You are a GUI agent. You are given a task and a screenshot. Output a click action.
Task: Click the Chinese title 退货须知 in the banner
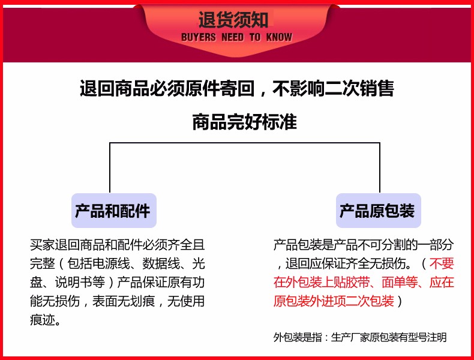coord(233,20)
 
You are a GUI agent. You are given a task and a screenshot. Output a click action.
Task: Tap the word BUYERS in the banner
coord(199,37)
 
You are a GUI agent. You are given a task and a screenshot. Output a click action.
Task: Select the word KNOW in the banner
coord(279,37)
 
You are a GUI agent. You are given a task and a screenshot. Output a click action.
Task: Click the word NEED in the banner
coord(232,37)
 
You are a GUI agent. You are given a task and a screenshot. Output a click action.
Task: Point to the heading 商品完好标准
coord(245,122)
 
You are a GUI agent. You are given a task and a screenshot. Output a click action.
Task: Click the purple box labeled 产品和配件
coord(114,211)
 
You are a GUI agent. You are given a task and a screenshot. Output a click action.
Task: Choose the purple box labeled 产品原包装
coord(379,211)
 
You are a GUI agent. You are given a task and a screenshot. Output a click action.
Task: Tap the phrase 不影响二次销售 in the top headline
coord(333,89)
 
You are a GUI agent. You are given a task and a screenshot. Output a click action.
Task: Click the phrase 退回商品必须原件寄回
coord(167,89)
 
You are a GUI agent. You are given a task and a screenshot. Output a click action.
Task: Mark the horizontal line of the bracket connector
coord(245,143)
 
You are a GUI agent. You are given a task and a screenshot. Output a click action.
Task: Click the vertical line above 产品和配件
coord(110,167)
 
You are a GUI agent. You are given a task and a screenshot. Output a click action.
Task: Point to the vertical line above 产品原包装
coord(380,167)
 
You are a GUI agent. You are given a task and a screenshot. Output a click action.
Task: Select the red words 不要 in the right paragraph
coord(442,263)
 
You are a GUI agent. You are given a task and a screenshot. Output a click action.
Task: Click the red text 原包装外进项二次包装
coord(334,301)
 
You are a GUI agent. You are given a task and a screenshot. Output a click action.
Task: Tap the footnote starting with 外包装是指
coord(360,337)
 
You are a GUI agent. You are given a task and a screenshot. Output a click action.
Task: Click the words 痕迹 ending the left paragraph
coord(43,320)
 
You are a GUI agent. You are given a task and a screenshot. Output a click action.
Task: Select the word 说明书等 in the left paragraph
coord(80,283)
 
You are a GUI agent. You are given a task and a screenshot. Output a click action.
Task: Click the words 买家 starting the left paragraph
coord(43,245)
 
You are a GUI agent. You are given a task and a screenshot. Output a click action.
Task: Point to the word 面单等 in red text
coord(400,283)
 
